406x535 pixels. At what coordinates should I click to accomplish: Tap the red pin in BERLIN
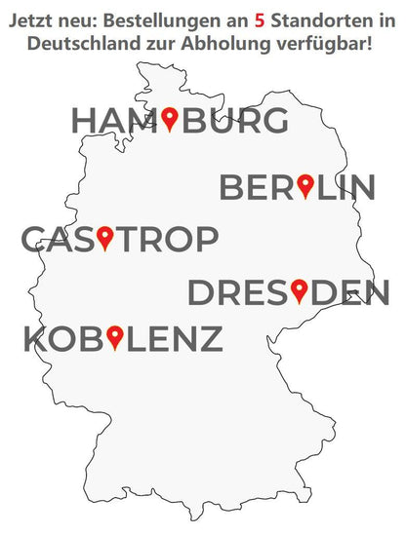[x=304, y=184]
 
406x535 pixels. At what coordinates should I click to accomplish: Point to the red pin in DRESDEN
[x=299, y=289]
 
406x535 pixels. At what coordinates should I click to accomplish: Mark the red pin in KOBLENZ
[x=115, y=337]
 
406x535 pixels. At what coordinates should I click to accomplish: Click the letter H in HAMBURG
[x=85, y=121]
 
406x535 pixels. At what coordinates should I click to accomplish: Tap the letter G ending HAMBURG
[x=274, y=121]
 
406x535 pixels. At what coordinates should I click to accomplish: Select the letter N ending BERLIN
[x=361, y=187]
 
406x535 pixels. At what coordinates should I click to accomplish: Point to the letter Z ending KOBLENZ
[x=208, y=340]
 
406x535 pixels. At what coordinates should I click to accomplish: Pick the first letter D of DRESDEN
[x=202, y=292]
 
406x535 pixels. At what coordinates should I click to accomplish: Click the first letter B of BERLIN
[x=233, y=187]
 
